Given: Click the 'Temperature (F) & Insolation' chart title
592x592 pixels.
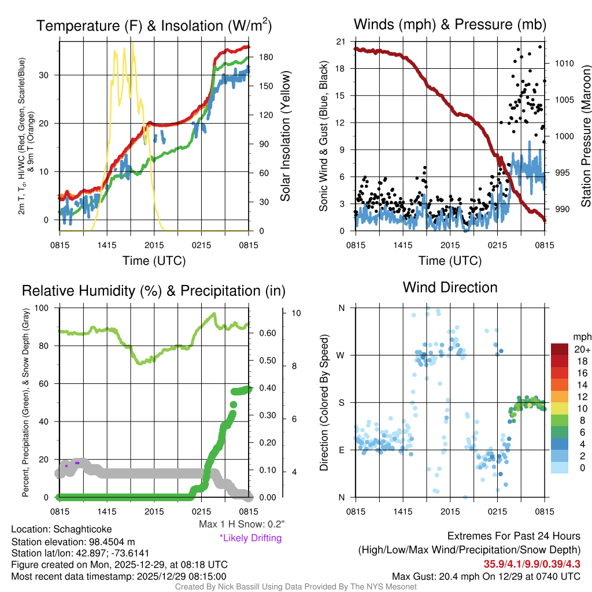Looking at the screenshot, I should coord(154,25).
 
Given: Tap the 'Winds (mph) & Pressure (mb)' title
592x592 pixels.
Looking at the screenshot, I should coord(450,24).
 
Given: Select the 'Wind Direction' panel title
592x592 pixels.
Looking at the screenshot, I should coord(450,287).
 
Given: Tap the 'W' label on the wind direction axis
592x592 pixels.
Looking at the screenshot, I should coord(341,355).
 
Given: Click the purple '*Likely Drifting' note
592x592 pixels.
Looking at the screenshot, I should coord(250,538).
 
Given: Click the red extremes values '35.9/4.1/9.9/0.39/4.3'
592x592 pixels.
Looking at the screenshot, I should coord(532,564).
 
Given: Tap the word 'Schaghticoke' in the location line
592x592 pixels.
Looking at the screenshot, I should coord(83,529).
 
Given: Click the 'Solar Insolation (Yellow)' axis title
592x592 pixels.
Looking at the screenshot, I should coord(284,136).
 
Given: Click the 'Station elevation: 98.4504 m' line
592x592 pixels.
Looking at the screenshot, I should coord(73,541).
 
